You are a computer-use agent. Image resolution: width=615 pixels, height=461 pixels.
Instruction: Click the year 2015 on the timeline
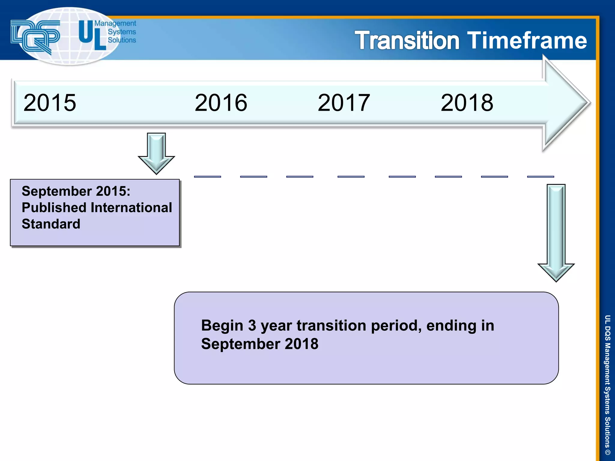click(50, 103)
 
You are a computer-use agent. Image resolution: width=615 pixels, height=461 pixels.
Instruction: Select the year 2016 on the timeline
click(221, 103)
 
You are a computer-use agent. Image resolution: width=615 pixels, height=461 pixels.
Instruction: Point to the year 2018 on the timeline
click(467, 103)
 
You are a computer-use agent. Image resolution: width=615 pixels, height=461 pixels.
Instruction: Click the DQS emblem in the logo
click(35, 36)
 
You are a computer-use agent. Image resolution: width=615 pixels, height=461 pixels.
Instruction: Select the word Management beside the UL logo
click(115, 23)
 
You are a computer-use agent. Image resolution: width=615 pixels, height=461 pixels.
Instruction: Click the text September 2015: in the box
click(76, 191)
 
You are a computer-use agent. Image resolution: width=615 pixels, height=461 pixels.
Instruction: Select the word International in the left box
click(131, 208)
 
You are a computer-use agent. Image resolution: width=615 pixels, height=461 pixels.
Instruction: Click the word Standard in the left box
click(51, 224)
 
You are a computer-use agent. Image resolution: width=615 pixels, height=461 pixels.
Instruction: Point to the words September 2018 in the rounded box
click(260, 344)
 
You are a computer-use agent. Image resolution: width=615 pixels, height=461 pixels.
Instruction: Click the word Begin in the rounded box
click(222, 325)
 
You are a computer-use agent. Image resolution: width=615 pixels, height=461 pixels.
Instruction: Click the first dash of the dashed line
click(208, 177)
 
